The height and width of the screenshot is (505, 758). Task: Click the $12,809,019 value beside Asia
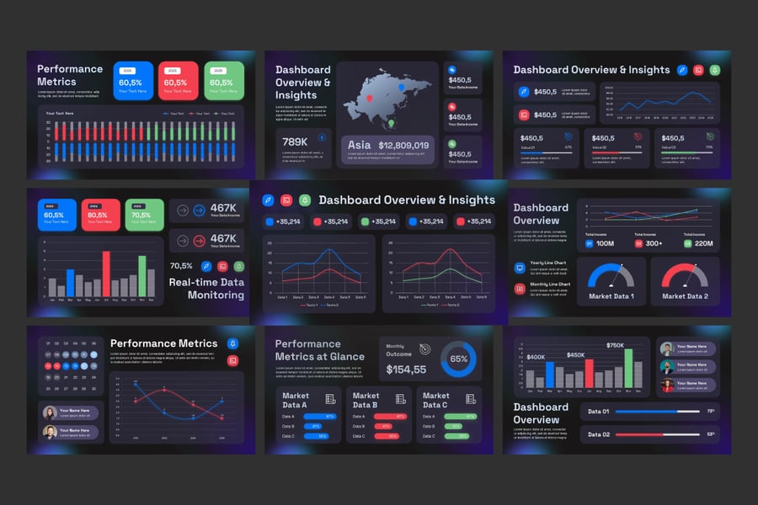[x=403, y=146]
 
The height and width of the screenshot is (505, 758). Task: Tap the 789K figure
[x=295, y=142]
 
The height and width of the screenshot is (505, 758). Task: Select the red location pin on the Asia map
[x=369, y=98]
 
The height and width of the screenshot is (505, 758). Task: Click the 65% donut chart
[x=459, y=359]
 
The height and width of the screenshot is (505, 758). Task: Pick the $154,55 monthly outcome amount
[x=406, y=369]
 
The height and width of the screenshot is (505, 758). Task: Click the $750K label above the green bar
[x=615, y=345]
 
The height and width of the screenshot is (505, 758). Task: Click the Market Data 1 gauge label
[x=611, y=296]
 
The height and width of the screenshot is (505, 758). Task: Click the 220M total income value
[x=704, y=243]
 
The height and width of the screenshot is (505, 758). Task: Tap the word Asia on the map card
[x=360, y=146]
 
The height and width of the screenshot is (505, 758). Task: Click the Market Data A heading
[x=295, y=400]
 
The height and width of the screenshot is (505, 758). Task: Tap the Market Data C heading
[x=436, y=400]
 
